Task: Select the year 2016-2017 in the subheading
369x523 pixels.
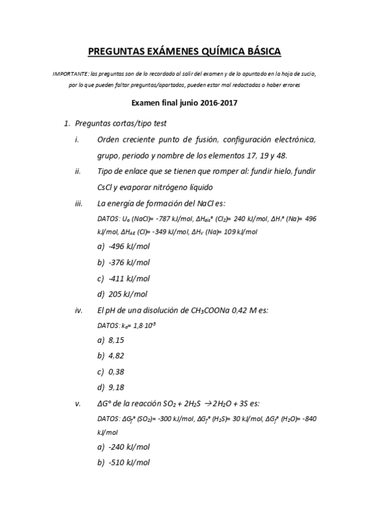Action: (x=218, y=104)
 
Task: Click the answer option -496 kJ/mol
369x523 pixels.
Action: (x=129, y=246)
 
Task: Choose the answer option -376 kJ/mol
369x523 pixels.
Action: (x=129, y=262)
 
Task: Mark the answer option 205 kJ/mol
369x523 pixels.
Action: (x=128, y=294)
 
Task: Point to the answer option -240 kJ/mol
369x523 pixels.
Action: (x=129, y=447)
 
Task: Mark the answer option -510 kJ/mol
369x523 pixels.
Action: (x=129, y=463)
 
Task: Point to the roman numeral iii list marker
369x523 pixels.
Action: (x=78, y=203)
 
